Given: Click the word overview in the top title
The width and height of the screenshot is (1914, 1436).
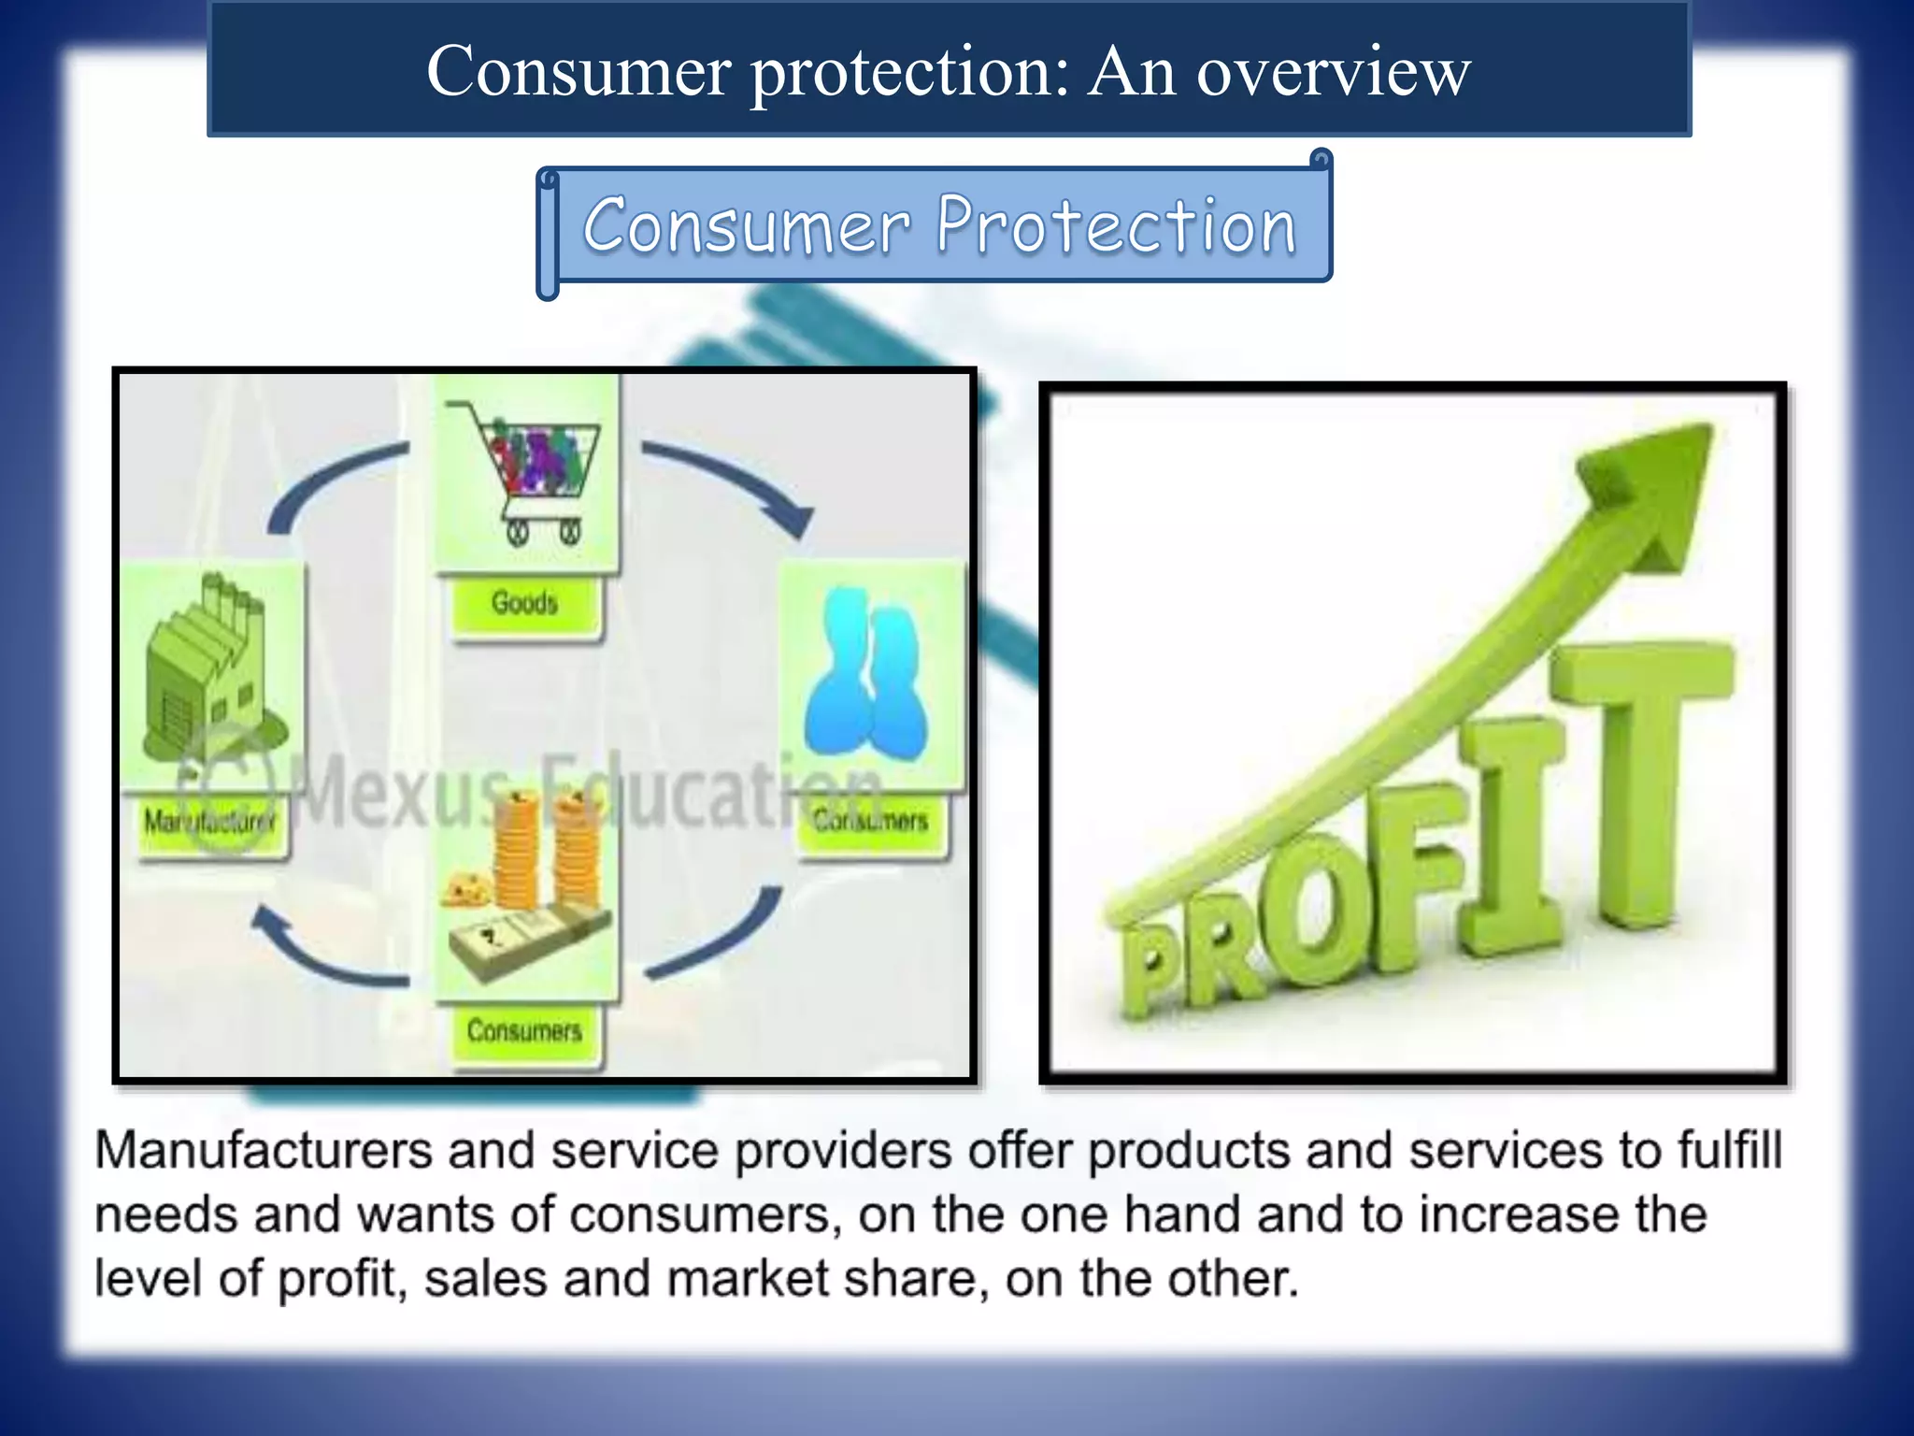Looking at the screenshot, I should pos(1334,72).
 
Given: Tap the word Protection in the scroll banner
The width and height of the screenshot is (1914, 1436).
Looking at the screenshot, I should pos(1116,226).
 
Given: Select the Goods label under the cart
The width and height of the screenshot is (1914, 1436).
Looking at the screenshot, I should pos(524,603).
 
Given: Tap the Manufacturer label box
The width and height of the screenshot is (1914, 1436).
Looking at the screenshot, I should pos(210,823).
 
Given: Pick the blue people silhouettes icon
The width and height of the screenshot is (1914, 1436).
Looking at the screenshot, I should pos(868,676).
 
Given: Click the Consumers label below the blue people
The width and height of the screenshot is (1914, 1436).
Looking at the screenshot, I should pos(870,821).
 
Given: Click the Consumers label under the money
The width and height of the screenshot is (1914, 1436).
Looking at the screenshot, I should pos(524,1031).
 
